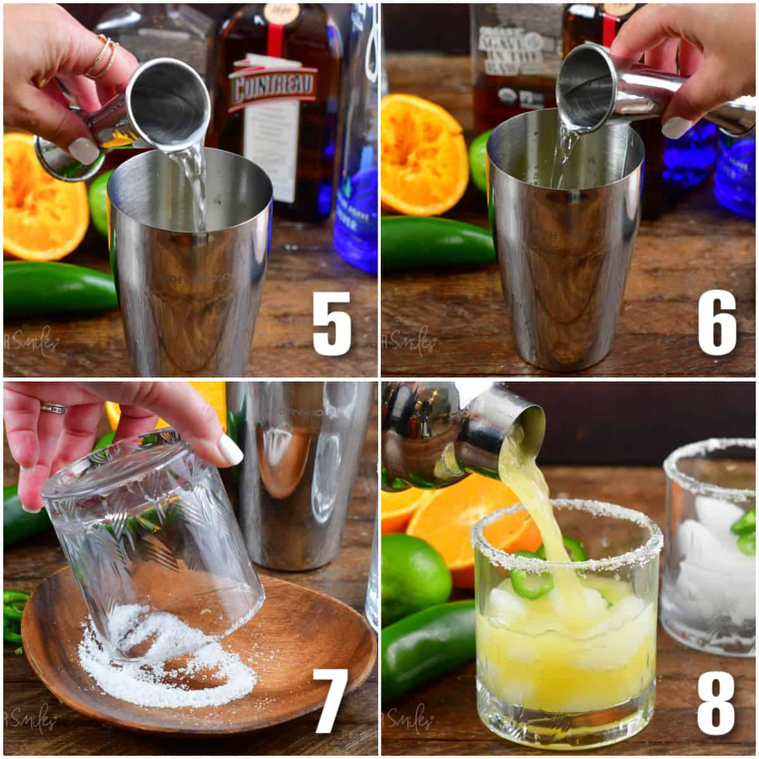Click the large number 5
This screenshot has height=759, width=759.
pos(332,323)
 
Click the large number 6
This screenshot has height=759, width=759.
pos(717,323)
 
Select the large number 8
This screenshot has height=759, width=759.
pos(716,702)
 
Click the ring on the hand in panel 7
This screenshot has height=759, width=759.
pos(53,409)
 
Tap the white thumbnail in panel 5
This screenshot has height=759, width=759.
pos(83,151)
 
